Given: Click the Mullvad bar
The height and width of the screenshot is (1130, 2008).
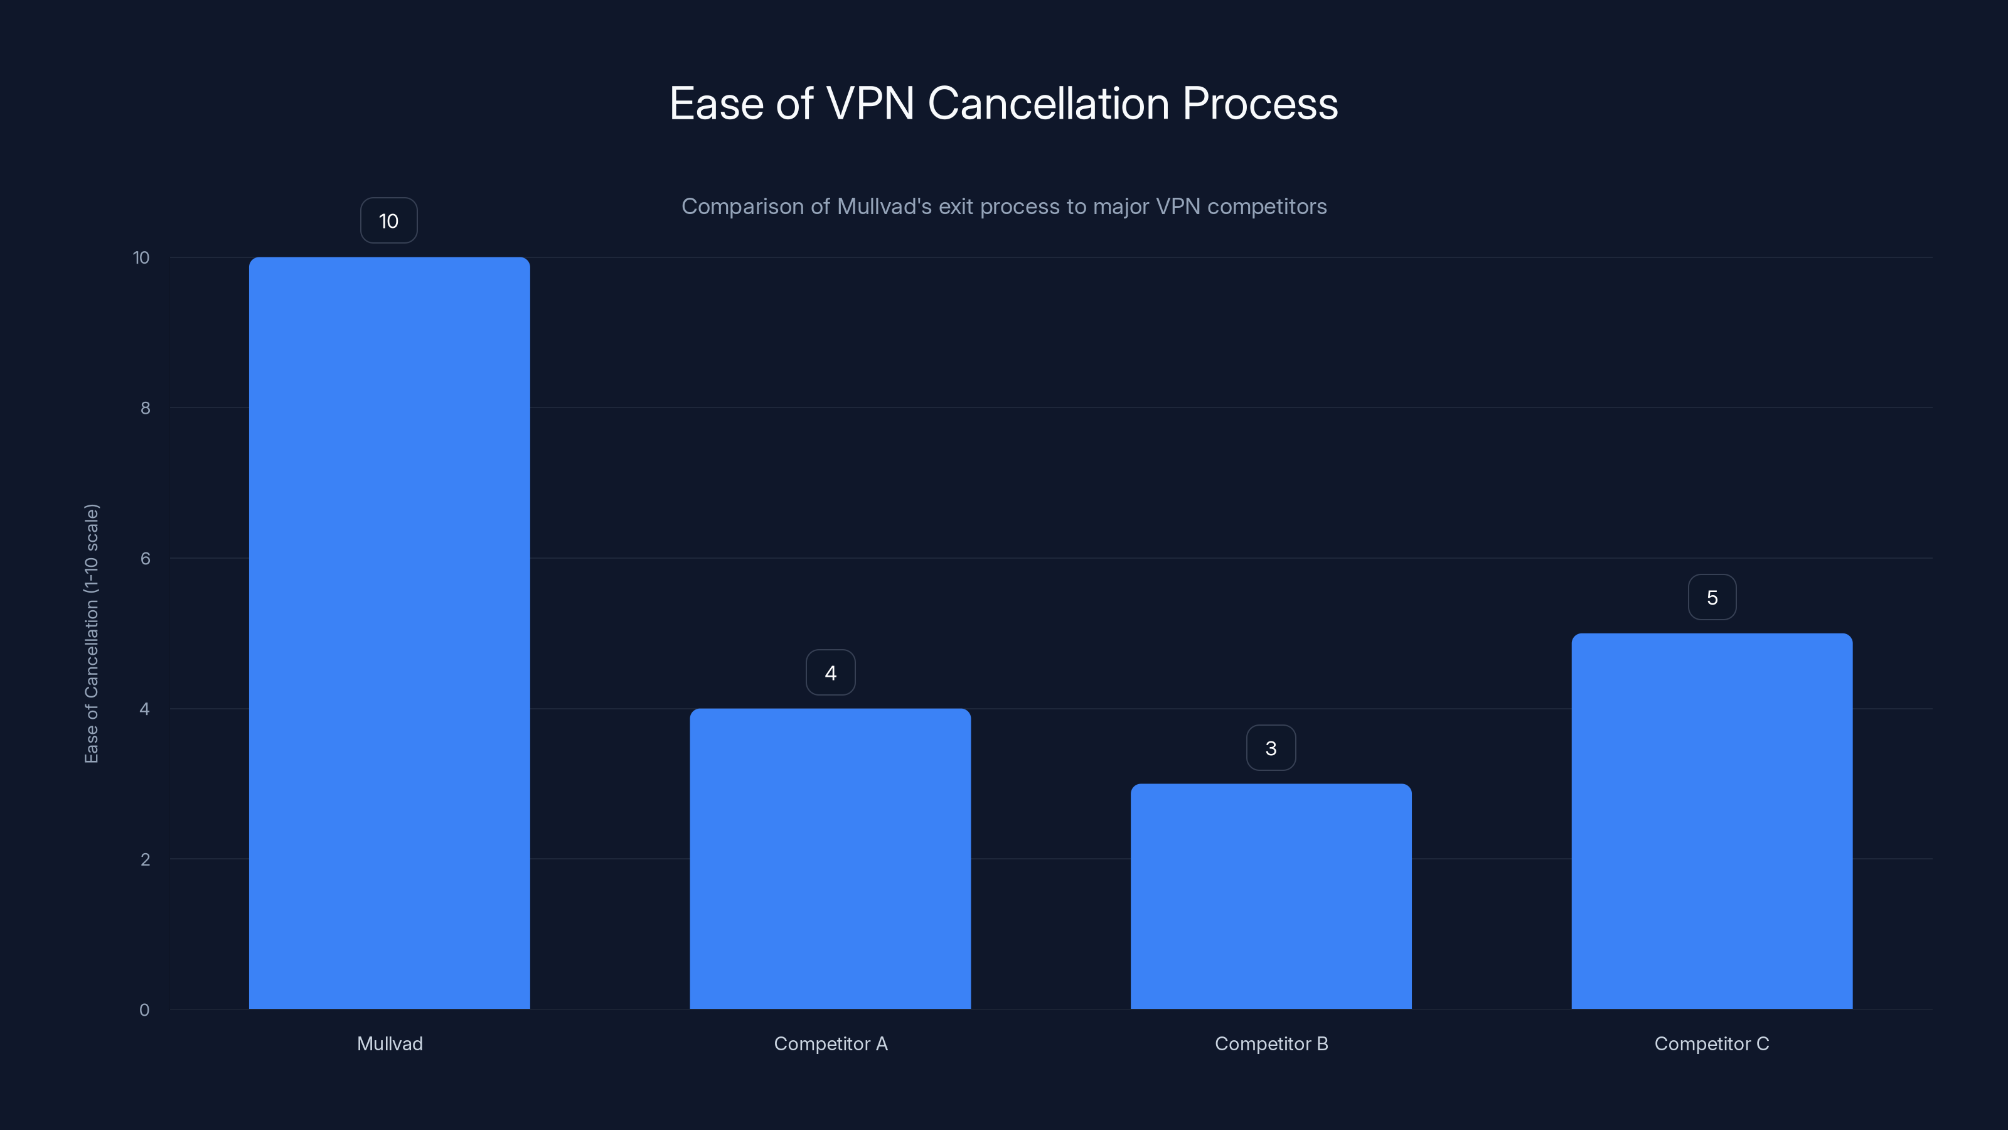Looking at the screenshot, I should (389, 632).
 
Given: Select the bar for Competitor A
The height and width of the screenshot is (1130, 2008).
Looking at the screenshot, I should (830, 858).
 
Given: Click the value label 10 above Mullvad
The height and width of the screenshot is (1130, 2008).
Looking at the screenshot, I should (388, 221).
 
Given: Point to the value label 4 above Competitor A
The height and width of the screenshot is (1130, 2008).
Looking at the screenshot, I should (830, 672).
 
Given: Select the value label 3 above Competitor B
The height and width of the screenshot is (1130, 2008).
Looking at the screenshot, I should (1271, 748).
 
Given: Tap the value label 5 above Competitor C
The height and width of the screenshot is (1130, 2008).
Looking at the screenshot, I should (1712, 598).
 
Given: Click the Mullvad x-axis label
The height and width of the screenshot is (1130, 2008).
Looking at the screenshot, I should (390, 1043).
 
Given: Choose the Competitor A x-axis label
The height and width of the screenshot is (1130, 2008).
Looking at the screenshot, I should (830, 1043).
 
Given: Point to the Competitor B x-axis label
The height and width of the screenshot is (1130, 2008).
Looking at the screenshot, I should (1271, 1043).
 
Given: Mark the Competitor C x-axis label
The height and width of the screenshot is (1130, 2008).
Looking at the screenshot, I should (1712, 1043).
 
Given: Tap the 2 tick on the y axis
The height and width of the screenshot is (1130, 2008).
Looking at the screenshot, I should (145, 859).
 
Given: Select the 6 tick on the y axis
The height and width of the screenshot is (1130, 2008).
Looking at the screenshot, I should (145, 558).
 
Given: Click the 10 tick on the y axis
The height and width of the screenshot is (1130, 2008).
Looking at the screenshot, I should (141, 257).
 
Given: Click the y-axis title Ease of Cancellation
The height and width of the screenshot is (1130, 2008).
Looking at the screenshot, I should (91, 633).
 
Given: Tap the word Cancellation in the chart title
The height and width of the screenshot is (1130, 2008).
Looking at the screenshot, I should (1049, 104).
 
